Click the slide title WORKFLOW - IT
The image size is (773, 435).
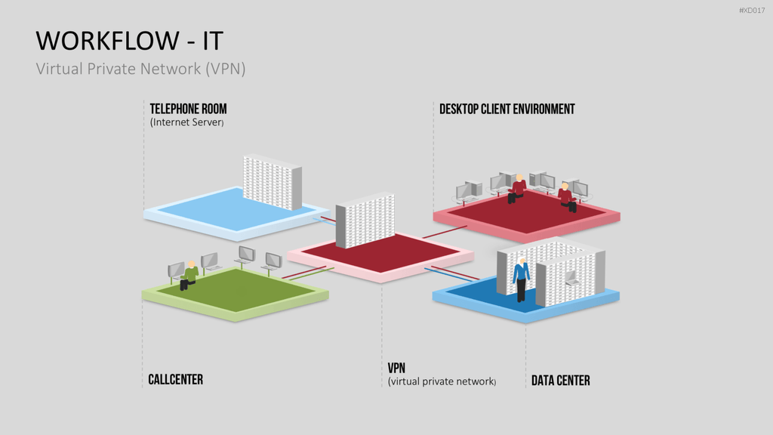tap(130, 41)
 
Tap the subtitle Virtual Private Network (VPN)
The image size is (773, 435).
tap(140, 69)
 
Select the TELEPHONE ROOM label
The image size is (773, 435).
tap(188, 109)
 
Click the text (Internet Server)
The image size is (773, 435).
tap(187, 122)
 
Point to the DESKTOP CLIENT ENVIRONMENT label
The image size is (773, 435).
tap(507, 109)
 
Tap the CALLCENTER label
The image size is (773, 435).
tap(175, 379)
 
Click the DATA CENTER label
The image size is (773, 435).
tap(561, 381)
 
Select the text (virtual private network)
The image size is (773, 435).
tap(442, 381)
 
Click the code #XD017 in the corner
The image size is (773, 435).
tap(752, 11)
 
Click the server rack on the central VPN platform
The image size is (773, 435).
tap(365, 220)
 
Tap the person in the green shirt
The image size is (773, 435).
tap(189, 275)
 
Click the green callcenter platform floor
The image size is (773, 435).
tap(236, 290)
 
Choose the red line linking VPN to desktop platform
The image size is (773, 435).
tap(445, 232)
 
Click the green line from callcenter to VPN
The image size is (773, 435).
tap(311, 274)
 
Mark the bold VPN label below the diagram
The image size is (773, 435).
tap(396, 368)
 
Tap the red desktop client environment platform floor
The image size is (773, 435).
tap(526, 211)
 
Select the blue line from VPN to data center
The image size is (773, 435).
tap(451, 275)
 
